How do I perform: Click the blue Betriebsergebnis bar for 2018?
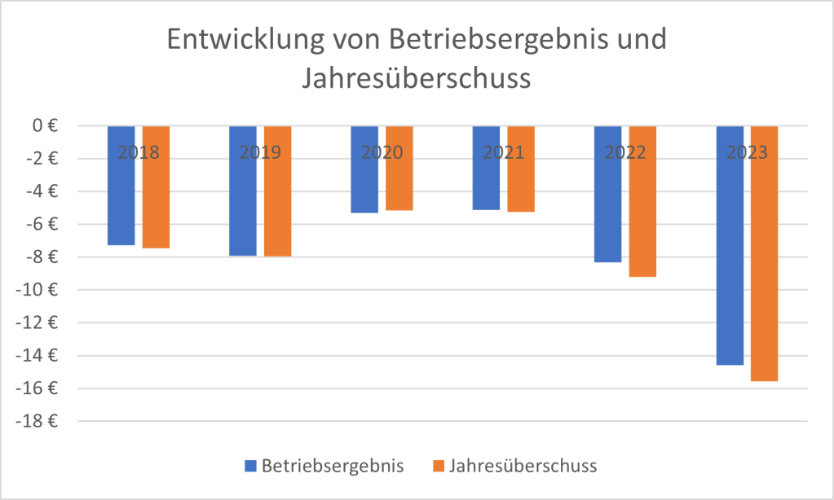coord(121,195)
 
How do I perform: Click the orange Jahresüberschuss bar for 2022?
coord(642,212)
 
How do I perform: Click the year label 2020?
coord(382,152)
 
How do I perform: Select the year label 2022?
coord(625,152)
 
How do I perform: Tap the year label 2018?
coord(139,152)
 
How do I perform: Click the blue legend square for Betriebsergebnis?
coord(250,467)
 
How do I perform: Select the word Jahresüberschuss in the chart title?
coord(416,79)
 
